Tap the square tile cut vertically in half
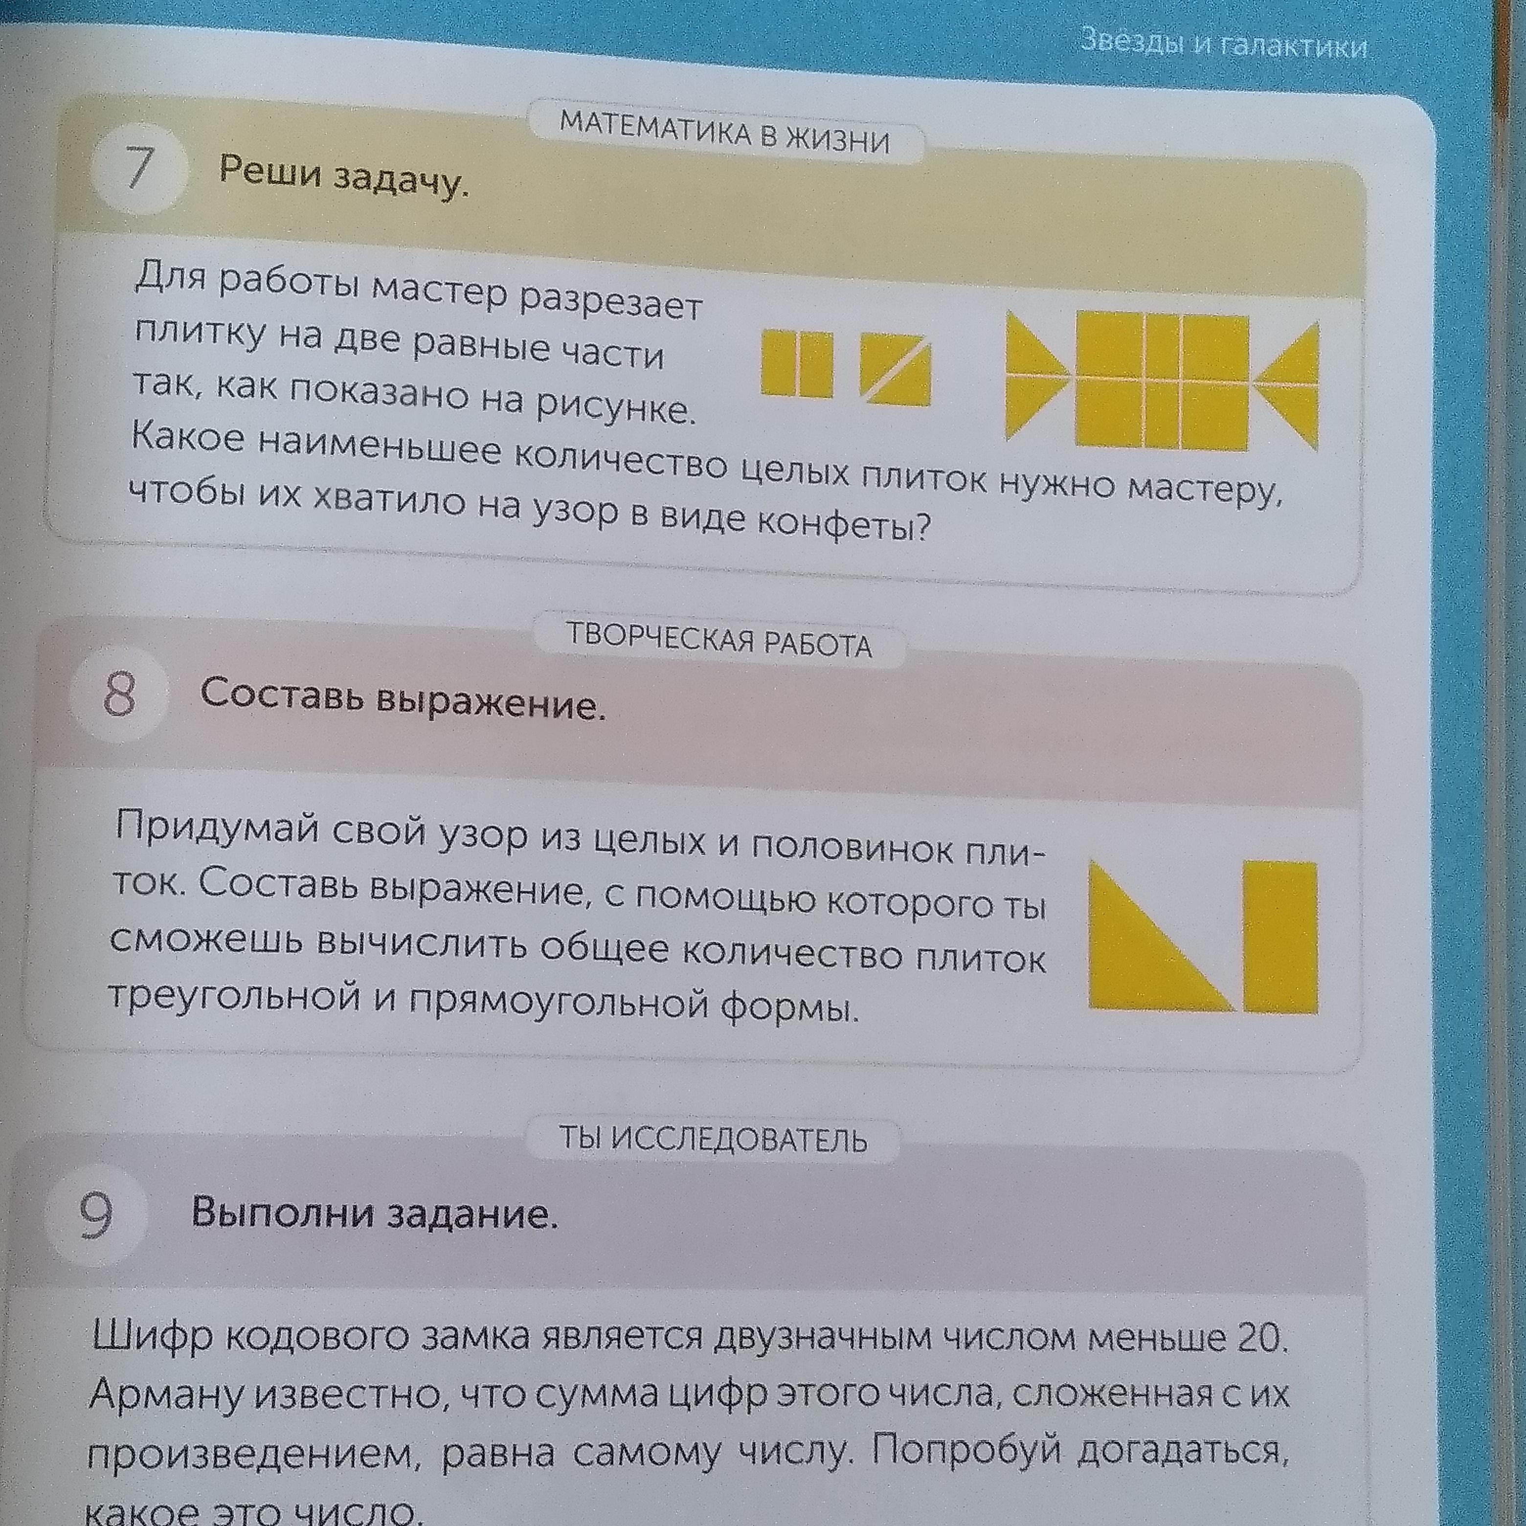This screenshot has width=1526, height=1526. pyautogui.click(x=797, y=363)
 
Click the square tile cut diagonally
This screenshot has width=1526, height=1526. pyautogui.click(x=895, y=369)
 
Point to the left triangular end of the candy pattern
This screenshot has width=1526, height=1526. pyautogui.click(x=1036, y=375)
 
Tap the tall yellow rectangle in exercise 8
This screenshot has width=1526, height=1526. pyautogui.click(x=1280, y=937)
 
